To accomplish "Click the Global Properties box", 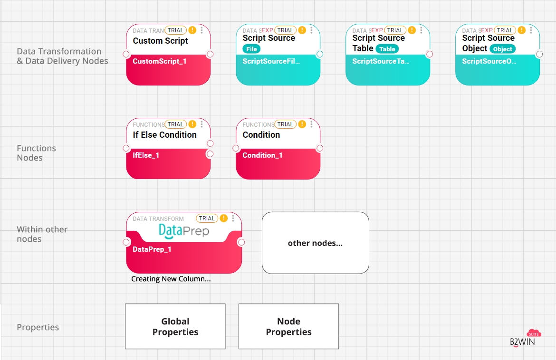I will click(x=175, y=327).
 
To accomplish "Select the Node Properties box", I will click(x=288, y=327).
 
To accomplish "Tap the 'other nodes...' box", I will click(x=315, y=243).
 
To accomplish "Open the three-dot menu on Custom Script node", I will click(x=202, y=30).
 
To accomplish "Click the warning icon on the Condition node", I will click(x=302, y=124).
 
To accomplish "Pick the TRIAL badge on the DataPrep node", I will click(x=207, y=218).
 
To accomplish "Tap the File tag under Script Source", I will click(x=251, y=49).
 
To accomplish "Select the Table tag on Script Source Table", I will click(x=387, y=49).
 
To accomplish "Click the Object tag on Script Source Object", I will click(x=502, y=49).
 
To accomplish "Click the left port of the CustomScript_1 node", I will click(x=126, y=54).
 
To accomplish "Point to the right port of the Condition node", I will click(x=320, y=148).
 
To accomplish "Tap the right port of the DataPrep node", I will click(x=241, y=242).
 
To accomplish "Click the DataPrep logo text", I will click(x=183, y=231).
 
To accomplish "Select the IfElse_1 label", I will click(x=146, y=155).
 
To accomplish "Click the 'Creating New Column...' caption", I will click(x=171, y=279).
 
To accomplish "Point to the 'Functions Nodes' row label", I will click(x=36, y=153).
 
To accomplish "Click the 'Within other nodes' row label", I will click(x=42, y=234).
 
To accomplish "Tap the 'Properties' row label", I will click(x=38, y=327).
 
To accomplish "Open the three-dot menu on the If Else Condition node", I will click(x=202, y=124).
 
